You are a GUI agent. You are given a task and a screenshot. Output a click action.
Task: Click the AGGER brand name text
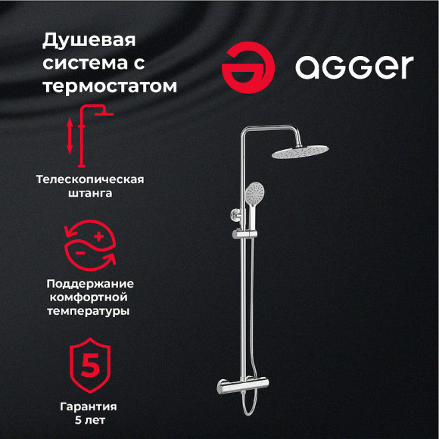pos(354,67)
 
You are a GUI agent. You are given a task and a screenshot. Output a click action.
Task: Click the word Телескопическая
pos(90,179)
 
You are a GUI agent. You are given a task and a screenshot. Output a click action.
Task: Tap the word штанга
pos(90,194)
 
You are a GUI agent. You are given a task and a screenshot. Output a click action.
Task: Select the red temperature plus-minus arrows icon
pos(90,242)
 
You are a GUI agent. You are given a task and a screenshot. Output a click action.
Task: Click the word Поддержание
pos(90,283)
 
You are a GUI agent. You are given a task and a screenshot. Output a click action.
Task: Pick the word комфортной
pos(90,297)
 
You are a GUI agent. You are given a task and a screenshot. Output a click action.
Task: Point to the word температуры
pos(90,312)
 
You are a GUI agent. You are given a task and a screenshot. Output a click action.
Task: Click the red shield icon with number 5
pos(90,366)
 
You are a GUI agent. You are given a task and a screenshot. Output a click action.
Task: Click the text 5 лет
pos(90,421)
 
